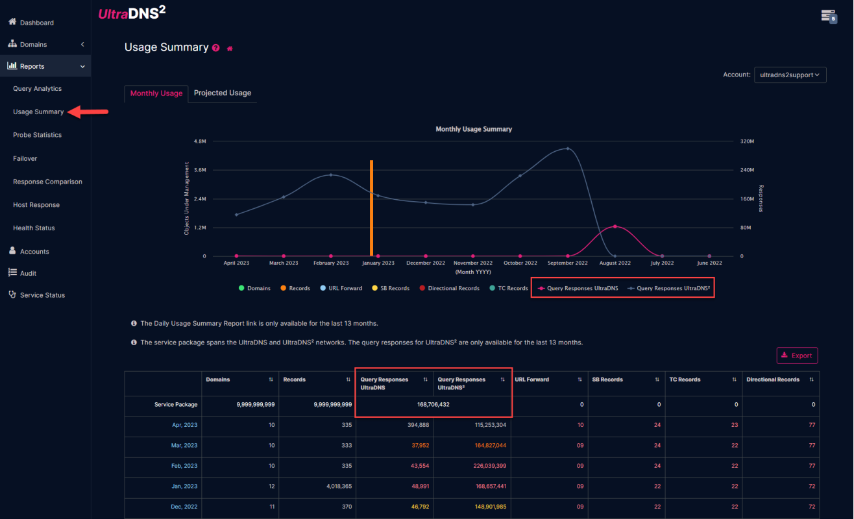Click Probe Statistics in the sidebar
click(37, 135)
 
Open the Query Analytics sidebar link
click(37, 89)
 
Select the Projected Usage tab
click(222, 93)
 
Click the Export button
click(797, 356)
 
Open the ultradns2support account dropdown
click(790, 75)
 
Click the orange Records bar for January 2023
click(371, 208)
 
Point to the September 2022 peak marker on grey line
click(567, 149)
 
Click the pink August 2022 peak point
click(615, 226)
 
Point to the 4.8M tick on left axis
click(200, 141)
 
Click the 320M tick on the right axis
click(748, 141)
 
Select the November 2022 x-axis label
click(472, 263)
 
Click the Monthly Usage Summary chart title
click(473, 129)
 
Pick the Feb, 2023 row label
click(184, 466)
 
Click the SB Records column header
click(607, 380)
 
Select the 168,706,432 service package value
click(433, 404)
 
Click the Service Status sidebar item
click(42, 295)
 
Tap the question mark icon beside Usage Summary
click(216, 48)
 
